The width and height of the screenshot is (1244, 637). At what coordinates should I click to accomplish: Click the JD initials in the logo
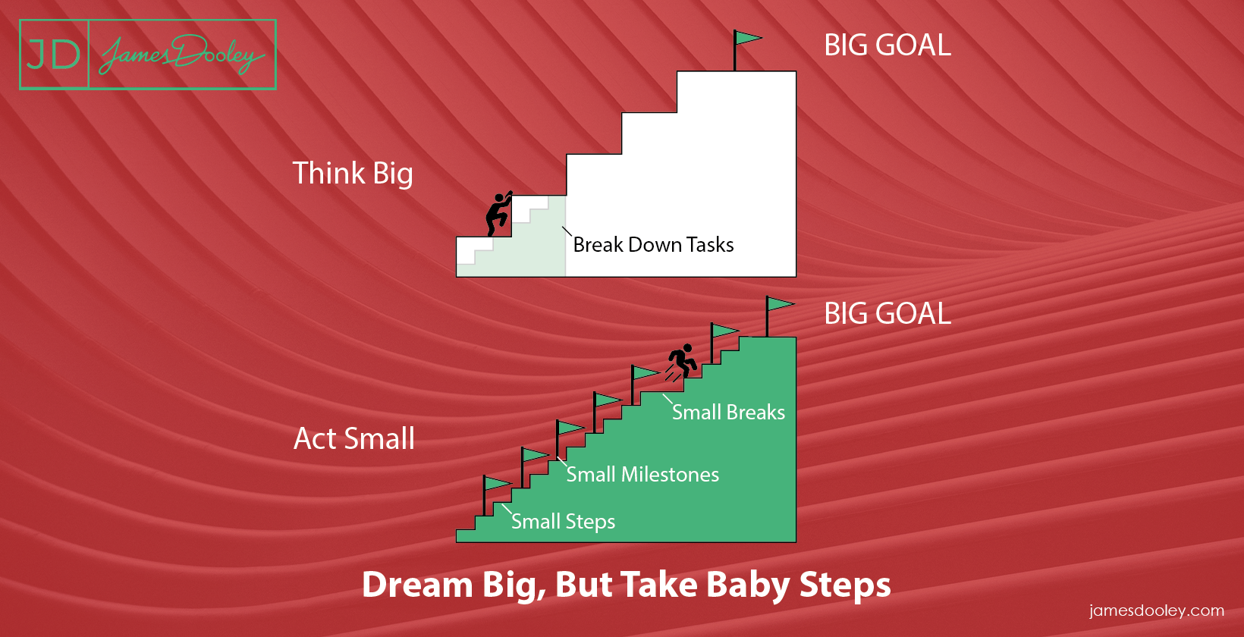53,55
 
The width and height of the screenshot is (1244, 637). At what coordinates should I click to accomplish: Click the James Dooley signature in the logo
182,55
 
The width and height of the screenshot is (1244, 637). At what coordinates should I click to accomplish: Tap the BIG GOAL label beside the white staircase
887,45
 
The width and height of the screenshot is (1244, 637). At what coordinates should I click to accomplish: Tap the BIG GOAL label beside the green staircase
887,314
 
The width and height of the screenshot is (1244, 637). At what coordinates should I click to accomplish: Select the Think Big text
353,173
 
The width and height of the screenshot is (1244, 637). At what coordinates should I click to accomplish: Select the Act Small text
353,439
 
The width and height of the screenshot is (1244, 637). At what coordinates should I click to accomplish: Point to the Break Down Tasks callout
653,245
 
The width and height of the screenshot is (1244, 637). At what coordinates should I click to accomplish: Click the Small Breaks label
728,413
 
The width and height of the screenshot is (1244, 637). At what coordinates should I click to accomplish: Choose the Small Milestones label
642,475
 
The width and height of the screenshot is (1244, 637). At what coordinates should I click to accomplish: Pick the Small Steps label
563,522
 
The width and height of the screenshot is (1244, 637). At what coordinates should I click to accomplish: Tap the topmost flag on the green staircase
778,316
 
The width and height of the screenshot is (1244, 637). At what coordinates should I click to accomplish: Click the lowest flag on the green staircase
496,495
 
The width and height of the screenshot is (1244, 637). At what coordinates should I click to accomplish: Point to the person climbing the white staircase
498,214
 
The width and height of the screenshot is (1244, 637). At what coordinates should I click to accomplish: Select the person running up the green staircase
681,362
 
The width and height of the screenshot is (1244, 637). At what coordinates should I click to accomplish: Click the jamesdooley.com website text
1156,611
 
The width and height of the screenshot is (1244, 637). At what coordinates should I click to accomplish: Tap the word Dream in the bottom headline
417,585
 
